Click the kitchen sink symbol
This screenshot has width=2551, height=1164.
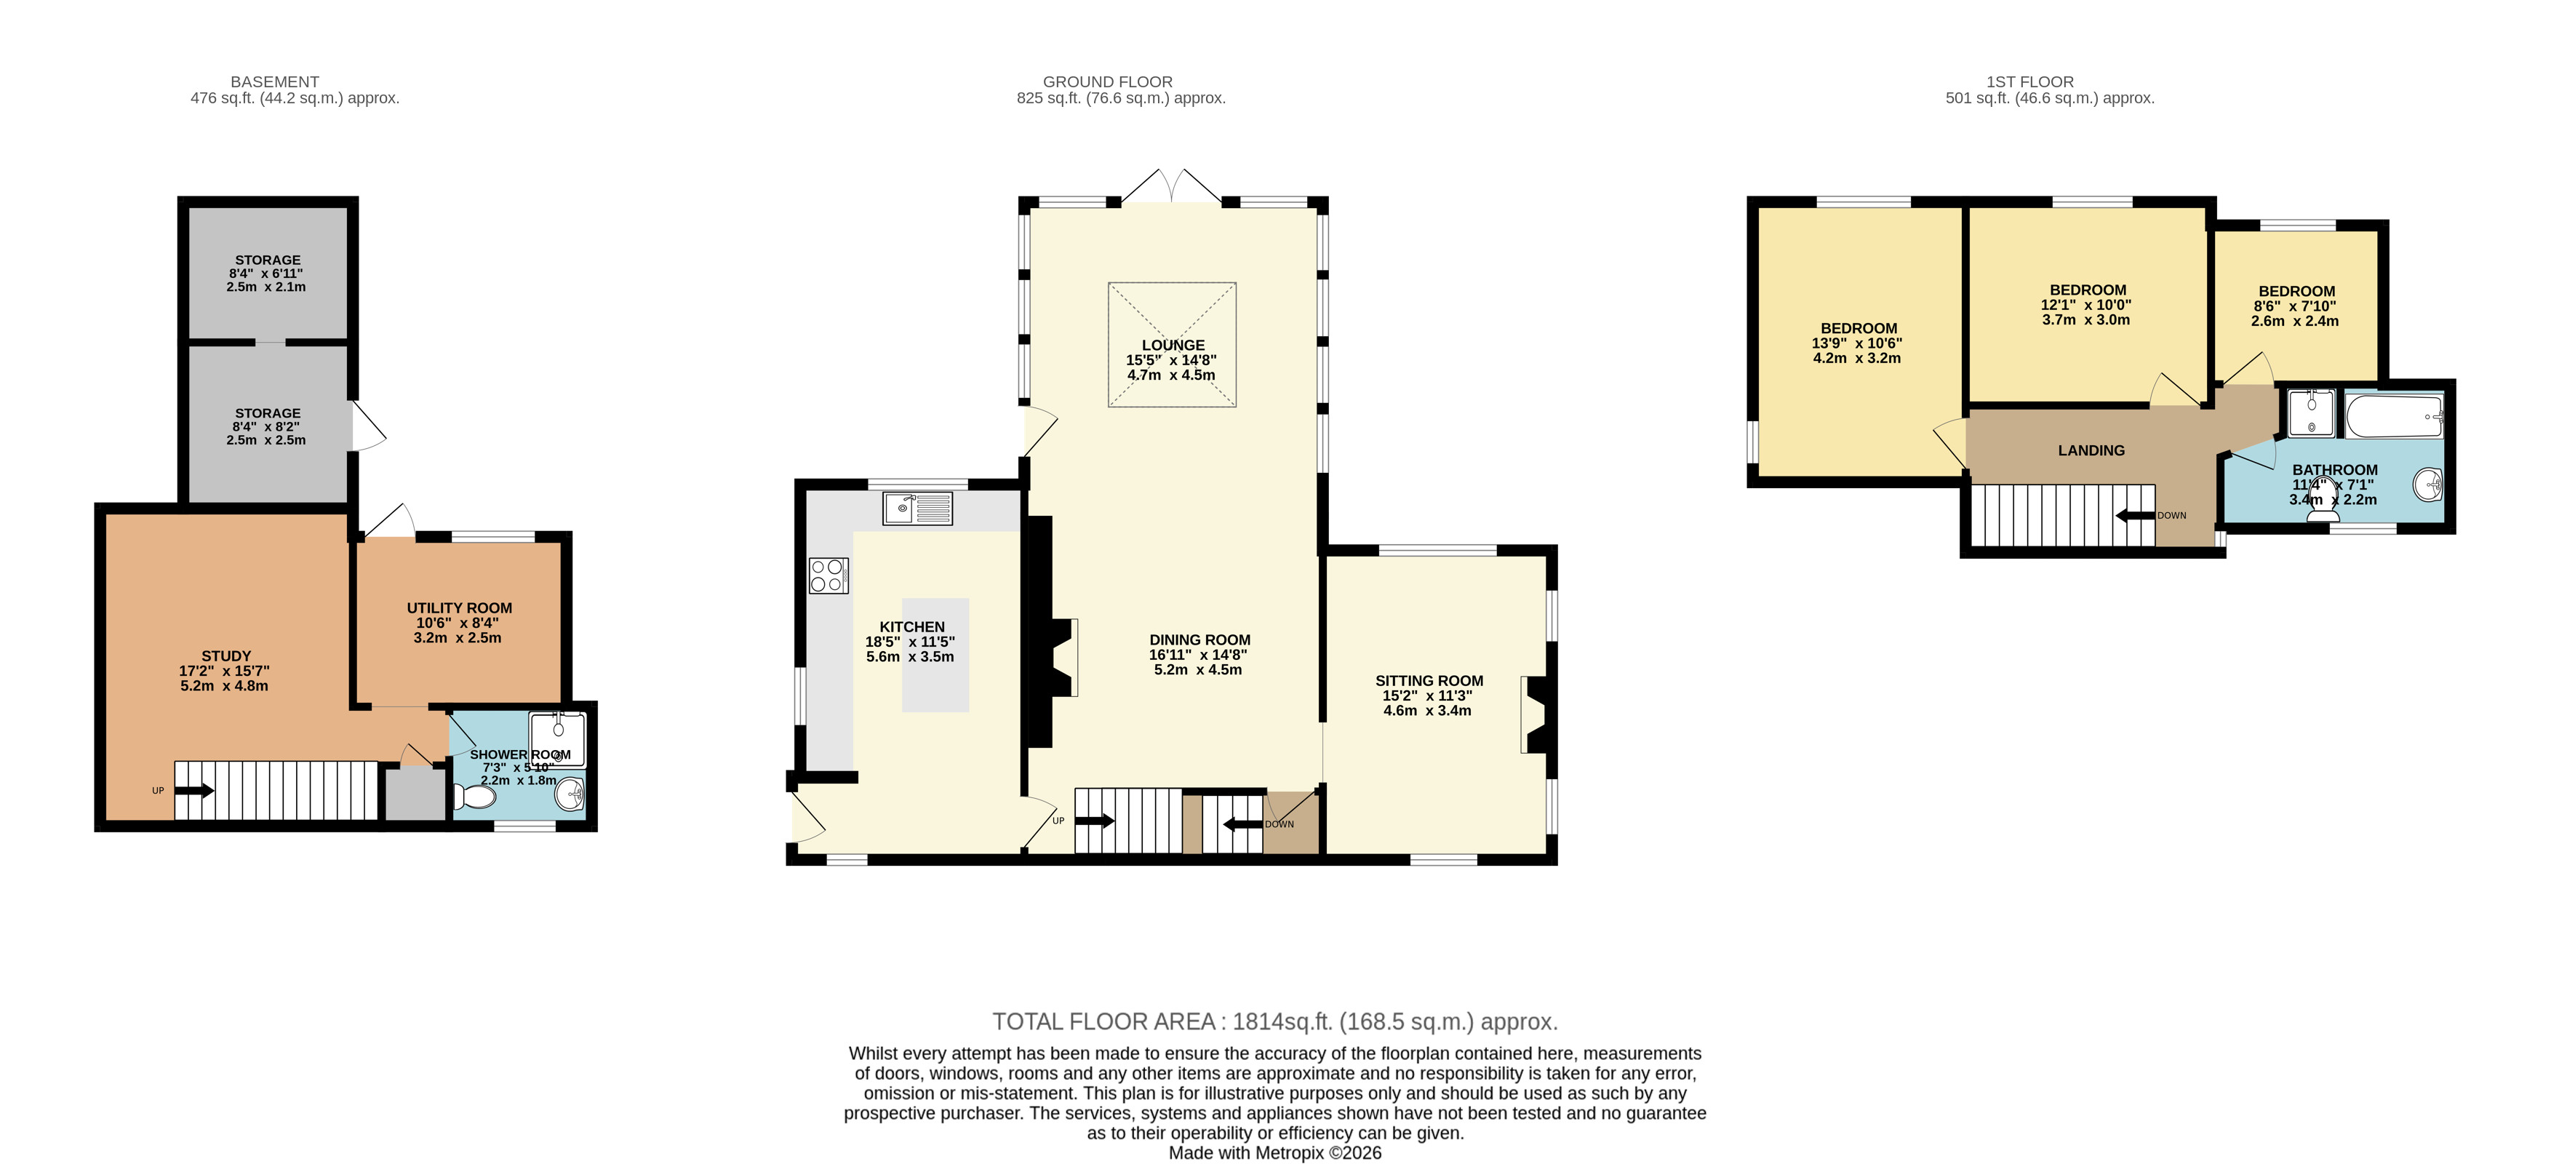pyautogui.click(x=917, y=509)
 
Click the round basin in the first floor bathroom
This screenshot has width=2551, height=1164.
pyautogui.click(x=2428, y=485)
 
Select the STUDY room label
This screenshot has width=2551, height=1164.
pyautogui.click(x=225, y=655)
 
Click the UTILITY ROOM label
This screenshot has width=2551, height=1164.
pyautogui.click(x=460, y=608)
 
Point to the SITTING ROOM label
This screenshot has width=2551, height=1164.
pyautogui.click(x=1429, y=680)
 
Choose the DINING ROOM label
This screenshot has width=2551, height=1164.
pyautogui.click(x=1199, y=640)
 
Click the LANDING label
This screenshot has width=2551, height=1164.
pyautogui.click(x=2091, y=451)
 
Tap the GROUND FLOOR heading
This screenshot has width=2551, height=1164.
pyautogui.click(x=1107, y=82)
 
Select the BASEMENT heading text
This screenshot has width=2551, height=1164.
pyautogui.click(x=274, y=82)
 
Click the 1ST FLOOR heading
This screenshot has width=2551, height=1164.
pyautogui.click(x=2029, y=82)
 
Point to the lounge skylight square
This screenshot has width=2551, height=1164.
pyautogui.click(x=1172, y=345)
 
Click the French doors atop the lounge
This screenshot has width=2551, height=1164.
pyautogui.click(x=1172, y=186)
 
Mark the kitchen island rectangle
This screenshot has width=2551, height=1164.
pyautogui.click(x=935, y=655)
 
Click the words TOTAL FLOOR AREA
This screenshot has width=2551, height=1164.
pyautogui.click(x=1103, y=1021)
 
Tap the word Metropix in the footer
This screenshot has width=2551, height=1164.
pyautogui.click(x=1290, y=1153)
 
